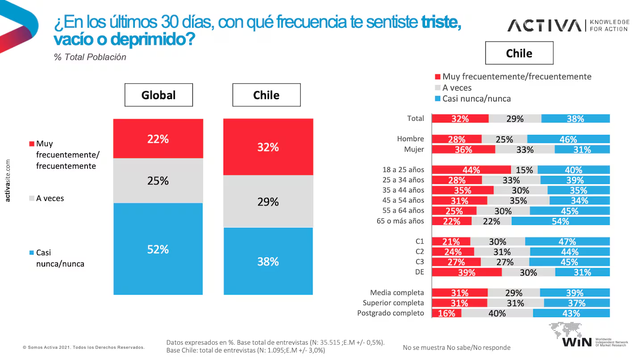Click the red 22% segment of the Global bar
158,139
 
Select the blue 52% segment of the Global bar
158,249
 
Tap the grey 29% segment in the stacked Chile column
268,201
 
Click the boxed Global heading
159,95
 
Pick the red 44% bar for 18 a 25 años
472,170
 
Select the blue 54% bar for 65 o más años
560,221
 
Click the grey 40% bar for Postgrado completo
497,313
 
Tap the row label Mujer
414,149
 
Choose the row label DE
419,272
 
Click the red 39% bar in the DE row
467,272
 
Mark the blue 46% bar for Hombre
568,139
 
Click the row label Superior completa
393,303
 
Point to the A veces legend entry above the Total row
456,88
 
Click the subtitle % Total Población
90,57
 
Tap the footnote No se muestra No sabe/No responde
456,347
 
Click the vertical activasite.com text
8,182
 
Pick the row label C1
419,241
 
